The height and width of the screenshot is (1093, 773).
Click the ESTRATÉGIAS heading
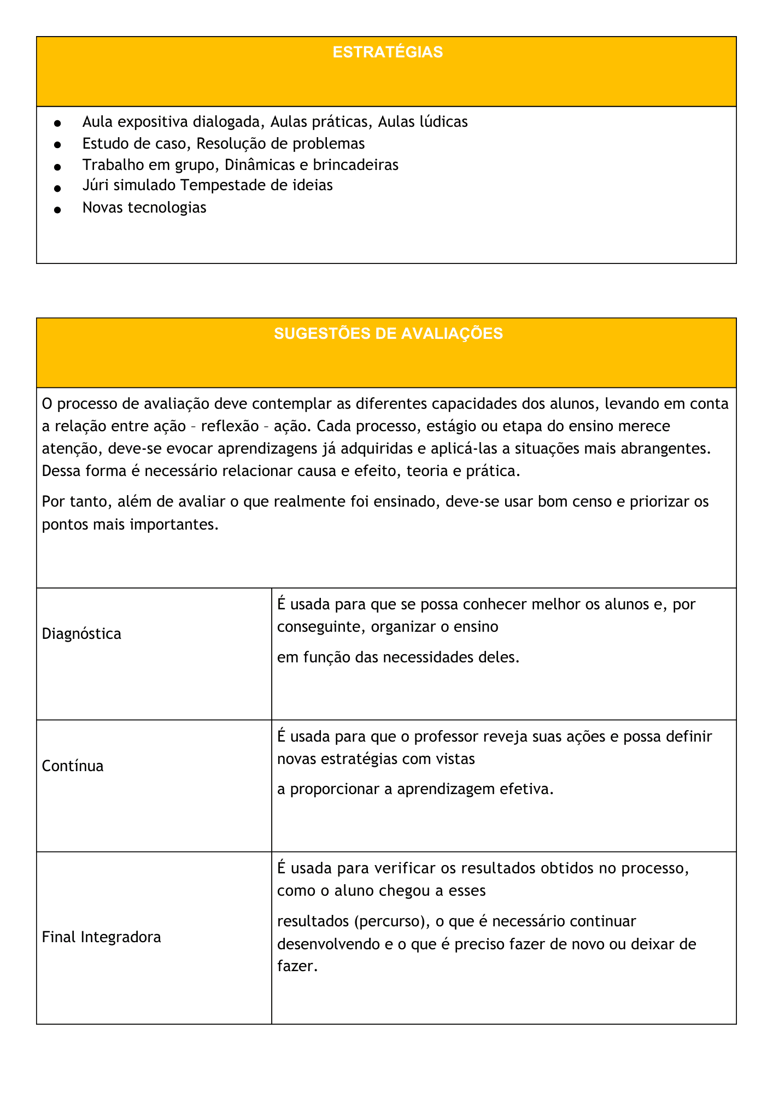coord(388,52)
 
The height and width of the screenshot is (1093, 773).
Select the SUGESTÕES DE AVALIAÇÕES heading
coord(388,334)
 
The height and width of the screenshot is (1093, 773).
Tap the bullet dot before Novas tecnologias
coord(57,210)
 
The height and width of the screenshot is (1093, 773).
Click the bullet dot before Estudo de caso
coord(57,145)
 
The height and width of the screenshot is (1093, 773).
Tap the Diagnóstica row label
coord(81,634)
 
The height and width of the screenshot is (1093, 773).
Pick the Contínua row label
coord(73,766)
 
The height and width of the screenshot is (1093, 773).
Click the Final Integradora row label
coord(101,937)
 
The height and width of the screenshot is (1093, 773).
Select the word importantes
coord(174,524)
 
